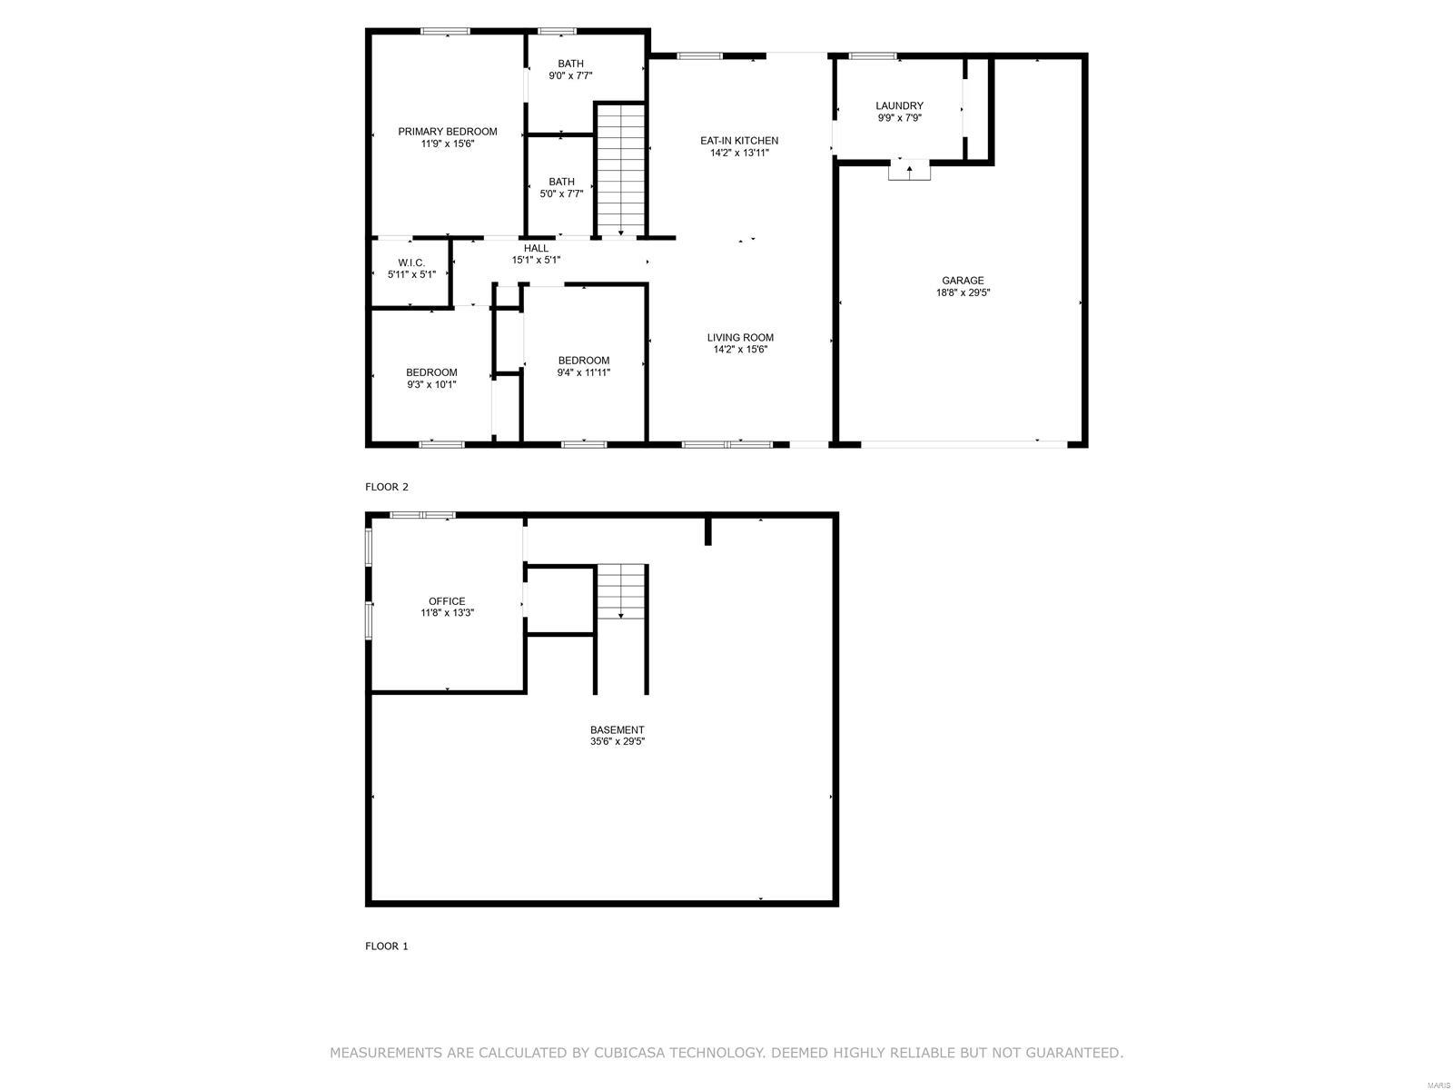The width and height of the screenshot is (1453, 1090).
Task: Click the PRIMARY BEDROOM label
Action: [x=447, y=132]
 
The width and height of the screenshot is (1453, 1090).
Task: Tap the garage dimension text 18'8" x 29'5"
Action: [x=962, y=292]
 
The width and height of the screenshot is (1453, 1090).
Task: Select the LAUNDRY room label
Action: [x=899, y=105]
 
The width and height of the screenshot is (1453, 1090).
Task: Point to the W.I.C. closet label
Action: [x=411, y=263]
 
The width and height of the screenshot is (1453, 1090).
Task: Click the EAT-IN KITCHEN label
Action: [x=738, y=141]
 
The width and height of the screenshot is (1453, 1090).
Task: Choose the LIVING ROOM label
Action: [x=740, y=338]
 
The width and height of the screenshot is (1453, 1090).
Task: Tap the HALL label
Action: [x=536, y=248]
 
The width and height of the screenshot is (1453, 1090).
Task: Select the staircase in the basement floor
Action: [x=621, y=591]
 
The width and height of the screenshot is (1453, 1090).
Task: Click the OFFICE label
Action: [x=447, y=601]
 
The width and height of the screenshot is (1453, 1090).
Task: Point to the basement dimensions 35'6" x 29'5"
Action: [x=617, y=741]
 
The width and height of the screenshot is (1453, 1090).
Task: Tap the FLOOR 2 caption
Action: [x=387, y=487]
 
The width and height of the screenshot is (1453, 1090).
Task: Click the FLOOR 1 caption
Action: [x=387, y=946]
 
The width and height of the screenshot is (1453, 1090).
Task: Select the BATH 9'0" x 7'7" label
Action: [x=570, y=70]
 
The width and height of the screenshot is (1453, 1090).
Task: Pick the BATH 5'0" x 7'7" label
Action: [x=561, y=187]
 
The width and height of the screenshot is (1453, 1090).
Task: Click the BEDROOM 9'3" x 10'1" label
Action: [x=431, y=378]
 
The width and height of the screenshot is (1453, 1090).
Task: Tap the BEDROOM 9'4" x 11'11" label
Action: [x=583, y=366]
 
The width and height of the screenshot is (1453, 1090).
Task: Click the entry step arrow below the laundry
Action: [x=909, y=170]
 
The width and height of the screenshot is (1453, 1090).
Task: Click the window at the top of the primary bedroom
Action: [x=445, y=32]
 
